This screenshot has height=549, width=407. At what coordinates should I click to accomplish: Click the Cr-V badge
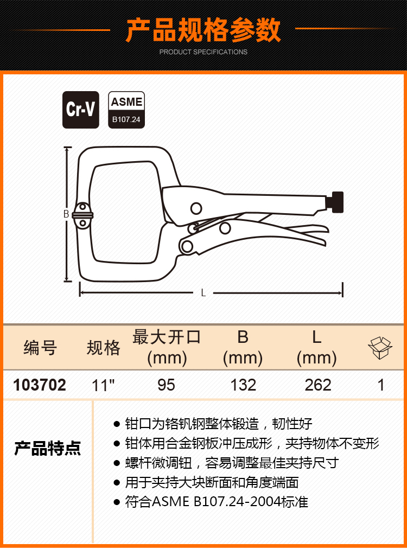click(x=80, y=110)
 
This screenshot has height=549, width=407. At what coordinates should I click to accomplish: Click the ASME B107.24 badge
click(x=126, y=110)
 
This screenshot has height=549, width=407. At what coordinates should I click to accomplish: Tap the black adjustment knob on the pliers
click(x=335, y=202)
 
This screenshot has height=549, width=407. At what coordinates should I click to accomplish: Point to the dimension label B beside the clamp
click(x=66, y=214)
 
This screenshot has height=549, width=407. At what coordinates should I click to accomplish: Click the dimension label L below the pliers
click(x=203, y=293)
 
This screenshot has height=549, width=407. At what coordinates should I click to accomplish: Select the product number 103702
click(x=40, y=385)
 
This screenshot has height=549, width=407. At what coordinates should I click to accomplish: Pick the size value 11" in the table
click(x=103, y=385)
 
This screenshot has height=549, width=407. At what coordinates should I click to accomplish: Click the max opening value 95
click(x=166, y=385)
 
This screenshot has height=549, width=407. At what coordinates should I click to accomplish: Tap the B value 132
click(x=243, y=385)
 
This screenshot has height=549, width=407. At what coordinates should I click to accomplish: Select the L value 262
click(x=317, y=385)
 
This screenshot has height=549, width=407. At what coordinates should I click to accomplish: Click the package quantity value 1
click(x=381, y=385)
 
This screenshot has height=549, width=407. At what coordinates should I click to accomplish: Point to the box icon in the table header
click(x=380, y=348)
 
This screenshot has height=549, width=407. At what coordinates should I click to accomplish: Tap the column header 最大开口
click(x=167, y=337)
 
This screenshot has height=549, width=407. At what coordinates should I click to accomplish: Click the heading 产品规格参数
click(x=203, y=30)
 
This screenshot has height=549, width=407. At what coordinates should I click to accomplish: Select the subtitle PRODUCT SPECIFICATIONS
click(x=203, y=52)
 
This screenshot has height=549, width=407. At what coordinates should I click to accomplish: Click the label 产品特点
click(x=47, y=448)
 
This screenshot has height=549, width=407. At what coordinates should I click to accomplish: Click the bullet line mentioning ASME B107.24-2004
click(x=211, y=502)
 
